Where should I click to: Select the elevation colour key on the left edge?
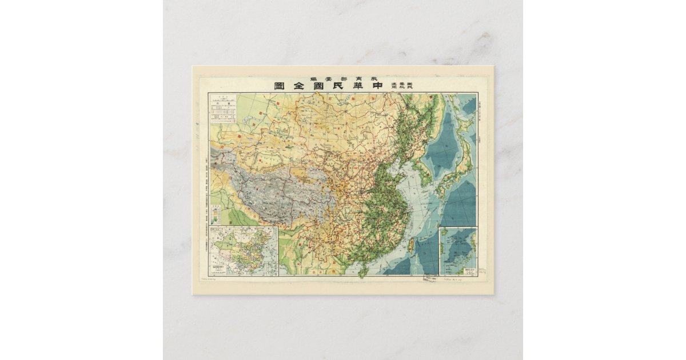click(216, 214)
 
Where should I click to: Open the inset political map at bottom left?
click(244, 251)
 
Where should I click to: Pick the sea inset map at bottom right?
click(457, 251)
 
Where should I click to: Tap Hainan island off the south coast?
click(362, 273)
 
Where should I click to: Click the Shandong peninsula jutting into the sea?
click(405, 167)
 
